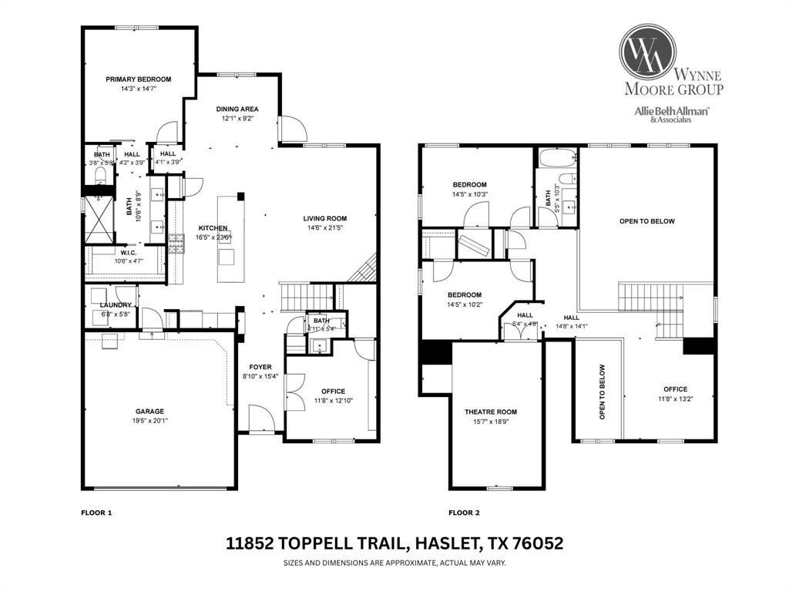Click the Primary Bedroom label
(139, 79)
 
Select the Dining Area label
(237, 109)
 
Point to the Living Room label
(324, 218)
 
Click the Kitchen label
(213, 228)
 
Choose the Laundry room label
(116, 304)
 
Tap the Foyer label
(260, 367)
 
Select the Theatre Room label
(491, 412)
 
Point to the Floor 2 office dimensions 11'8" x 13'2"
(675, 399)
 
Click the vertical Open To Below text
(603, 392)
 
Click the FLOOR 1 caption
(97, 512)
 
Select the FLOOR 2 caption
(465, 512)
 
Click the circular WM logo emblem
(647, 52)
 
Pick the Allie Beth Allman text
(671, 110)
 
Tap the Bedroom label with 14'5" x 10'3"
(469, 184)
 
